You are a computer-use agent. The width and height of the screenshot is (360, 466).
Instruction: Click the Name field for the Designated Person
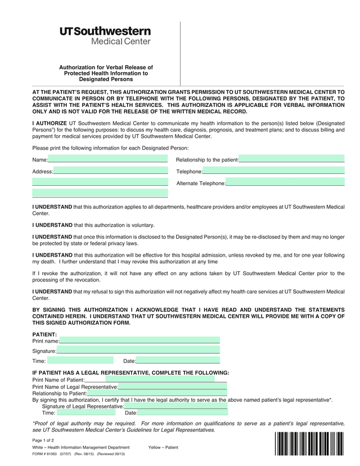[x=108, y=159]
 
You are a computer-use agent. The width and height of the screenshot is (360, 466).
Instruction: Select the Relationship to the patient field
[x=291, y=159]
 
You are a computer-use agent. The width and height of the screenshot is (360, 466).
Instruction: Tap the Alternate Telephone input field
[x=285, y=183]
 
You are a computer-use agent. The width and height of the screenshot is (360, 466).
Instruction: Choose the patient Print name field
[x=139, y=340]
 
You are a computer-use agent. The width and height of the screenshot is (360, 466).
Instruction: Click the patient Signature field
[x=138, y=351]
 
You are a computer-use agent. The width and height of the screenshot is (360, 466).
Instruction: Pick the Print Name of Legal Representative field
[x=172, y=387]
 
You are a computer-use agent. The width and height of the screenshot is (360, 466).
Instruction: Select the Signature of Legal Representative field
[x=175, y=406]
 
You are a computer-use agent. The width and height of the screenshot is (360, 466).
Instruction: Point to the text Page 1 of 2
[x=43, y=440]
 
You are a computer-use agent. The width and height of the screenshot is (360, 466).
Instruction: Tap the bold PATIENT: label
[x=44, y=334]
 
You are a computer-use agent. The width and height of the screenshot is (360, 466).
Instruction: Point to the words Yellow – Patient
[x=163, y=447]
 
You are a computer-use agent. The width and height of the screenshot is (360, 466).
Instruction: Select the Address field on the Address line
[x=110, y=171]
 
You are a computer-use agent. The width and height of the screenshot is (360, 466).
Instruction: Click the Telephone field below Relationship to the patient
[x=273, y=171]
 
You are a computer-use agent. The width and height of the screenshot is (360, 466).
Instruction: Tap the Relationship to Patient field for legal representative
[x=157, y=393]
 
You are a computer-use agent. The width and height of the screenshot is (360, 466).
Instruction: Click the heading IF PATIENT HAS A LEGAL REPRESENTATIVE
[x=130, y=373]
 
